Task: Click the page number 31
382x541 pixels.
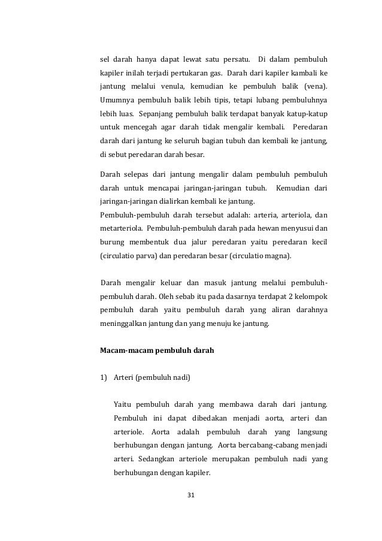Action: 191,495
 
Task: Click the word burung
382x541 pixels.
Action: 112,242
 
